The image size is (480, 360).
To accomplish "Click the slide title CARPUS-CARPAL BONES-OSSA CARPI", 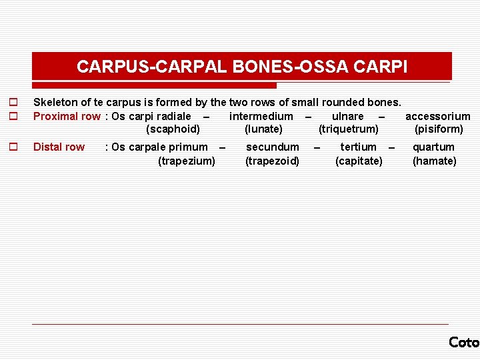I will (x=242, y=67).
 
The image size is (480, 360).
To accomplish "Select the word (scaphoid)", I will (x=173, y=129).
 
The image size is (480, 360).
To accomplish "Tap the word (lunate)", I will (x=263, y=129).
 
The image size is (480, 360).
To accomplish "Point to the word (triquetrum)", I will (x=348, y=129).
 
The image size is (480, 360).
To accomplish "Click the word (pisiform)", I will (x=438, y=129).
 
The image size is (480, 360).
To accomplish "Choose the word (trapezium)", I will (x=187, y=161).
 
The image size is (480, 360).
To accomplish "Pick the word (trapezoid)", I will (x=272, y=161).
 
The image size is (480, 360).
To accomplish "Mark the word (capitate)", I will (x=359, y=161).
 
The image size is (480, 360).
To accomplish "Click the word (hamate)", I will (x=434, y=161).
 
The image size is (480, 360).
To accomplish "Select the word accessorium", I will (x=437, y=117).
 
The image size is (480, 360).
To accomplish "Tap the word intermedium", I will (x=261, y=117).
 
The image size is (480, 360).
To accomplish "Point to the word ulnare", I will (x=347, y=117).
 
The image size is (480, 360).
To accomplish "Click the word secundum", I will (x=273, y=147).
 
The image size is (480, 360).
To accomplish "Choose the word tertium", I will (x=358, y=147).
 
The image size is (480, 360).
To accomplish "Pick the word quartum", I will (x=433, y=147).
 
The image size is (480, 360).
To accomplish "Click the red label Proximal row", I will (x=67, y=117).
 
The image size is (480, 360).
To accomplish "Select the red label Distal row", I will (x=59, y=147).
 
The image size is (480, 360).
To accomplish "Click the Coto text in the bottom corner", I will (x=464, y=342).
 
